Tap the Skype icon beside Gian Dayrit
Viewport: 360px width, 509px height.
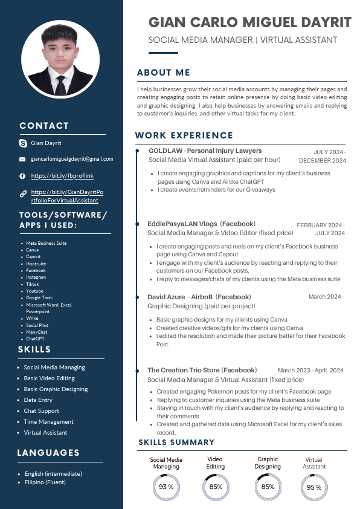pyautogui.click(x=23, y=143)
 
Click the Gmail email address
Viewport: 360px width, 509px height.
pyautogui.click(x=72, y=159)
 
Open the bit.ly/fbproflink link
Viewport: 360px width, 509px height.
pyautogui.click(x=62, y=176)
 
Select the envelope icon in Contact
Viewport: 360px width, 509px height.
pyautogui.click(x=23, y=160)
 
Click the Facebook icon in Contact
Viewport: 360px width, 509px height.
pyautogui.click(x=23, y=176)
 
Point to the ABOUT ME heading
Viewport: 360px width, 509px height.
pyautogui.click(x=164, y=73)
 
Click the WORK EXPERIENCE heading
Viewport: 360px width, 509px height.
pyautogui.click(x=184, y=135)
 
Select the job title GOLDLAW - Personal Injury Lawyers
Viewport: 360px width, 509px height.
pyautogui.click(x=205, y=151)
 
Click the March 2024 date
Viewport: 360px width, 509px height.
pyautogui.click(x=324, y=297)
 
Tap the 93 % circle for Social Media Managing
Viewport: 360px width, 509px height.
pyautogui.click(x=166, y=487)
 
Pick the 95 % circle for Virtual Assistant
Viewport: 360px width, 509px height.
pyautogui.click(x=314, y=487)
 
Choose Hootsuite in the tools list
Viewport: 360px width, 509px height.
pyautogui.click(x=36, y=264)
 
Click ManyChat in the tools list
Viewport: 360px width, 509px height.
pyautogui.click(x=36, y=332)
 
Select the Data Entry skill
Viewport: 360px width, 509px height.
pyautogui.click(x=38, y=400)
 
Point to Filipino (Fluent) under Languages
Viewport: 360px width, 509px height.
pyautogui.click(x=45, y=482)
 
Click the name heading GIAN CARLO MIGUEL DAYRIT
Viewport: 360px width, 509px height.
pyautogui.click(x=250, y=23)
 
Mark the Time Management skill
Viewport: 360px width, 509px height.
pyautogui.click(x=48, y=422)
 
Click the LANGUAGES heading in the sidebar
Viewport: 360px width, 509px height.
pyautogui.click(x=48, y=453)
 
